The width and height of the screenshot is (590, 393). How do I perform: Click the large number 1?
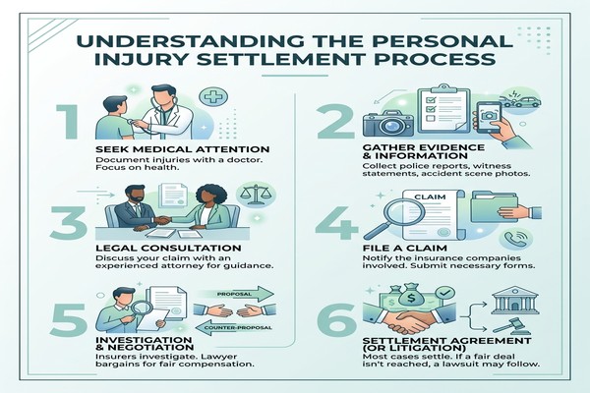pos(69,122)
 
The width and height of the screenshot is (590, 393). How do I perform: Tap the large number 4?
pos(336,222)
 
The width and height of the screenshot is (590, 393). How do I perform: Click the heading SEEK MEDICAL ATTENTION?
pos(183,149)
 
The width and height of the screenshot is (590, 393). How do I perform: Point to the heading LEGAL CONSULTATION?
pos(168,249)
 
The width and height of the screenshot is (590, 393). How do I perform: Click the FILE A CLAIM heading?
pos(404,249)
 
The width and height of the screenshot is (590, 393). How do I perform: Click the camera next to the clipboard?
pos(388,122)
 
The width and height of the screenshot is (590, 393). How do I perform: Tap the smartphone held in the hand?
pos(489,117)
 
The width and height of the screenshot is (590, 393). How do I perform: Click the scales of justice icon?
pos(256,195)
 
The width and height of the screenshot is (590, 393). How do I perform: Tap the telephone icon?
pos(516,240)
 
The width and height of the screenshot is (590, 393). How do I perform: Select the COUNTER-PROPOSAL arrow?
pos(234,327)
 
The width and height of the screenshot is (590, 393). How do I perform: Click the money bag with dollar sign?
pos(411,299)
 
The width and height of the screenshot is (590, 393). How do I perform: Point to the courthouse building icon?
pos(515,300)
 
